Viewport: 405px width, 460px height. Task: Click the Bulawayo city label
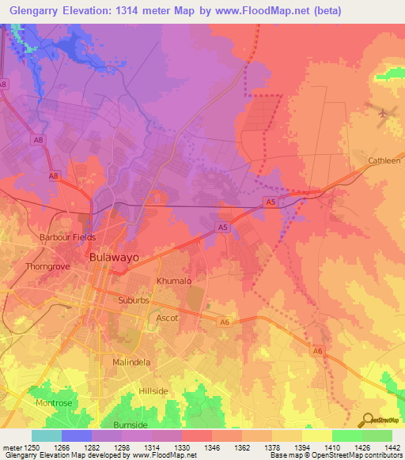[x=112, y=258]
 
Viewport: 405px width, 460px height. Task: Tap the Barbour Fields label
[x=67, y=237]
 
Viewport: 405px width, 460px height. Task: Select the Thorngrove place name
[x=49, y=267]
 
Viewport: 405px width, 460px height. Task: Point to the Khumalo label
[x=174, y=281]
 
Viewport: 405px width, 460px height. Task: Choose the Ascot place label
[x=167, y=319]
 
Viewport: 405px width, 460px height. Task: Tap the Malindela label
[x=131, y=362]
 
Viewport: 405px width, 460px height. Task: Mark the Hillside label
[x=153, y=391]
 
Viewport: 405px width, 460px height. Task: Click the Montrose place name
[x=53, y=403]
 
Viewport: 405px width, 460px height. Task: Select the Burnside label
[x=130, y=424]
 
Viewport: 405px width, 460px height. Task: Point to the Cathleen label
[x=384, y=160]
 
